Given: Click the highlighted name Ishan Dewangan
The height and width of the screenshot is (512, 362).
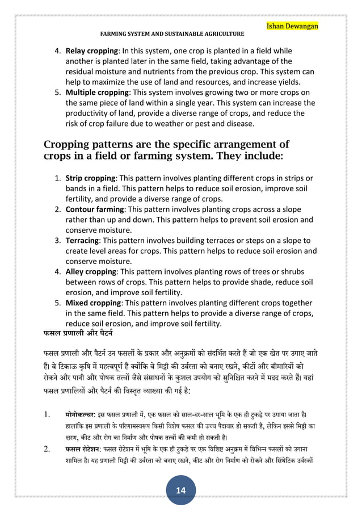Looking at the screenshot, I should tap(293, 27).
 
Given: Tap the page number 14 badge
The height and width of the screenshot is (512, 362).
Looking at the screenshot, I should tap(181, 490).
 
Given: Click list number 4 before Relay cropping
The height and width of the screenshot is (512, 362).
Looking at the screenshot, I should tap(58, 51).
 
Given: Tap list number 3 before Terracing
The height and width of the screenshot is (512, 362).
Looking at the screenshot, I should tap(58, 241).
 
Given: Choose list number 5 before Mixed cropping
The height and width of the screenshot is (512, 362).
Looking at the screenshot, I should tap(58, 303).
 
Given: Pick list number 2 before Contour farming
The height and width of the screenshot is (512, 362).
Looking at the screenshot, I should tap(58, 209).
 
